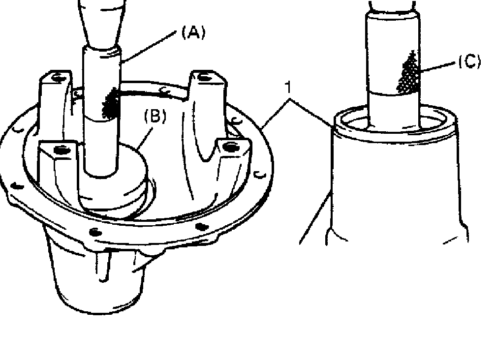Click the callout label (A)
(x=193, y=32)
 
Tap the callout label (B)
(x=155, y=116)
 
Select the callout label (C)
(x=469, y=61)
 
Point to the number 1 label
(x=287, y=87)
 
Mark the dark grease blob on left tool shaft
(x=110, y=104)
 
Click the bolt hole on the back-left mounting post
(x=58, y=77)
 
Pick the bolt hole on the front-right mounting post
(x=230, y=147)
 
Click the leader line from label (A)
(x=149, y=47)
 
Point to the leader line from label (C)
(x=438, y=67)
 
